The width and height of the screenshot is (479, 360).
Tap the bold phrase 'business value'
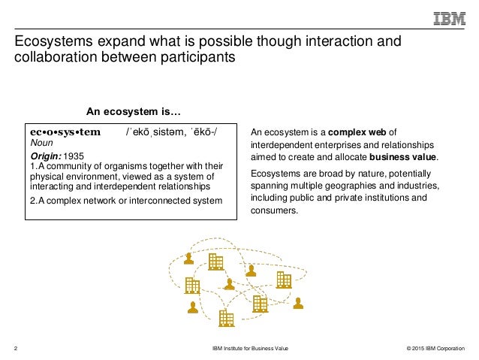coord(402,157)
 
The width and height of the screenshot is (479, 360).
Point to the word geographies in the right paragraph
coord(346,185)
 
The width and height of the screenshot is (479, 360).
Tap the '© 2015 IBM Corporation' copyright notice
coord(429,349)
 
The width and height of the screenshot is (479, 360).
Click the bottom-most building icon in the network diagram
coord(226,318)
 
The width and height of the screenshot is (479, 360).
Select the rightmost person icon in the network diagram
coord(298,304)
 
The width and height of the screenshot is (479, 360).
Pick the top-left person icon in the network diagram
coord(188,257)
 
